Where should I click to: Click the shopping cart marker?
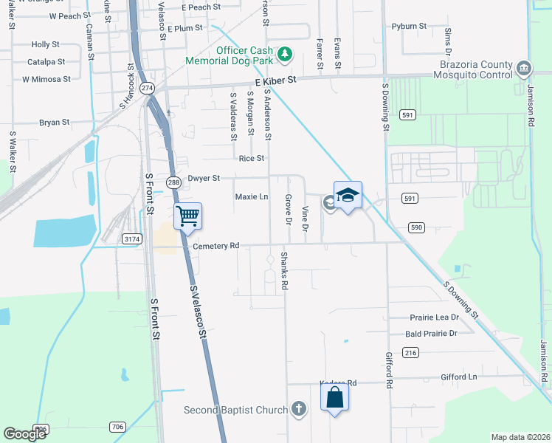coord(188,216)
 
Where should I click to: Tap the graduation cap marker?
coord(348,196)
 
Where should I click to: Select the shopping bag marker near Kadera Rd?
coord(334,397)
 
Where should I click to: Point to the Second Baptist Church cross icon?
coord(298,408)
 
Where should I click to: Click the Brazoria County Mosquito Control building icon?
coord(523,69)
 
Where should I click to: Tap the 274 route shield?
coord(147,87)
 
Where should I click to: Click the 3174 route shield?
coord(132,238)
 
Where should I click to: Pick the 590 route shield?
coord(416,227)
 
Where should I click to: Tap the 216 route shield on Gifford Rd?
coord(410,354)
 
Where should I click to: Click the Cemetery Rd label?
coord(215,245)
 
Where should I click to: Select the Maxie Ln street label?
coord(251,197)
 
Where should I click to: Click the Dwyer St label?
coord(204,178)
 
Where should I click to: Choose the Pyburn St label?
coord(410,26)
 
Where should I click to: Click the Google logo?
coord(25,434)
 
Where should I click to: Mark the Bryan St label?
coord(55,123)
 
